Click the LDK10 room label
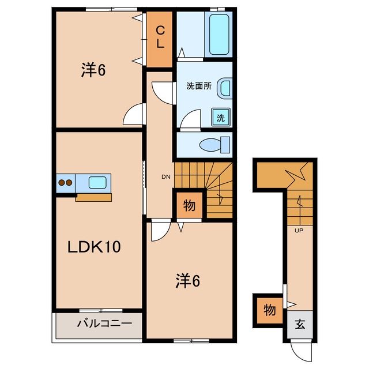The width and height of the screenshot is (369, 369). coord(94,247)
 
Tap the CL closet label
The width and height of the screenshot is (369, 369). coord(160,37)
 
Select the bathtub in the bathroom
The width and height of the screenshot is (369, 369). coord(219,35)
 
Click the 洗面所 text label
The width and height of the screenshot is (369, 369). coord(199,86)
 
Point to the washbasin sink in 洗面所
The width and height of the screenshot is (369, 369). coord(224,88)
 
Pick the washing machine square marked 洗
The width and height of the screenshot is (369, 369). coord(221,117)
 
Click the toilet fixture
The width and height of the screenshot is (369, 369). coord(214,145)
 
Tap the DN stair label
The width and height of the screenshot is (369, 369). coord(166,177)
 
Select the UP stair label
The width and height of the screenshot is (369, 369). coord(299,231)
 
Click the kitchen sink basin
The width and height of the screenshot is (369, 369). coord(97,182)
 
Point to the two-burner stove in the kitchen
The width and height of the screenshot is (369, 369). coord(65,183)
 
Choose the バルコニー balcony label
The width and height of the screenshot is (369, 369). coord(104,323)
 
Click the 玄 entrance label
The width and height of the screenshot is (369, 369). coord(300,325)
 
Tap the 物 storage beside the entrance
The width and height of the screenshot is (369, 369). coord(270,310)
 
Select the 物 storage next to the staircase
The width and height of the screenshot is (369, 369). coord(190,205)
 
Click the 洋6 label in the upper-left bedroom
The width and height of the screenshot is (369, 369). coord(93,70)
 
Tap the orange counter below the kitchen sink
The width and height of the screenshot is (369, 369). coord(93,197)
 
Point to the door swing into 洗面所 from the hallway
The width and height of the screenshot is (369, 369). coord(163,92)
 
